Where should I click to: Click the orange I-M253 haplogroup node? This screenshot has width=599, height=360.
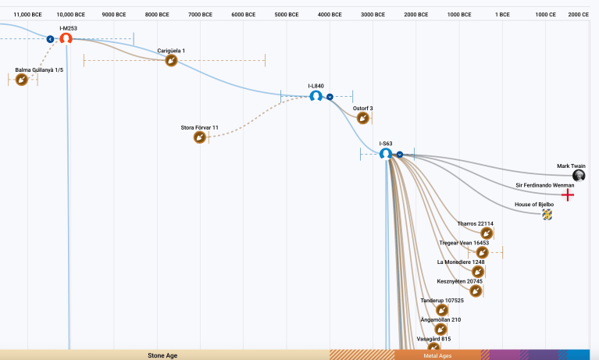66,38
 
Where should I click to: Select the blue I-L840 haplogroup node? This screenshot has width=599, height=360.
316,96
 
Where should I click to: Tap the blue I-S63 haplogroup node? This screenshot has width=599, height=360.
385,154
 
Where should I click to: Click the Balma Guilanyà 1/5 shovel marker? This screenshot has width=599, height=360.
22,80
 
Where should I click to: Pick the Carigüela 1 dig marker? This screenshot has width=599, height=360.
171,60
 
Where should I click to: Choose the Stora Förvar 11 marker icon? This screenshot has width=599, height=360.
200,137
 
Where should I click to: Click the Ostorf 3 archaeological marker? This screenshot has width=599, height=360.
363,118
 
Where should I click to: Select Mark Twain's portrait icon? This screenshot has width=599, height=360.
578,176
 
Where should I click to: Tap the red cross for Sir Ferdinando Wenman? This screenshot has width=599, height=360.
569,194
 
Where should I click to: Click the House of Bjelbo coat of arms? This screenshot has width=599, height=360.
547,213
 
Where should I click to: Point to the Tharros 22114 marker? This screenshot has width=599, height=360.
486,233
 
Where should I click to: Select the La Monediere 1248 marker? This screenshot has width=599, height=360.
478,272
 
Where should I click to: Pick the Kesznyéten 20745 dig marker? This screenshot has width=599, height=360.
476,290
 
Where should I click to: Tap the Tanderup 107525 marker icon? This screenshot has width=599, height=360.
442,310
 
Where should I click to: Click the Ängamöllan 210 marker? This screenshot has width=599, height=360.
440,329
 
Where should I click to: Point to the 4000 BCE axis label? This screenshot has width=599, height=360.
330,15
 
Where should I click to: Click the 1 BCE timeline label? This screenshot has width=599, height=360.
502,15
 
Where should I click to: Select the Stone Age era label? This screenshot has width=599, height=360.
162,355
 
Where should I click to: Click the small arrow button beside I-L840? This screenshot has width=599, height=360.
330,96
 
